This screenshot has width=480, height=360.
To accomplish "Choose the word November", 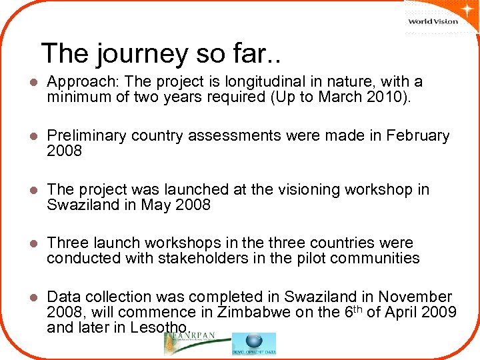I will tap(414, 296).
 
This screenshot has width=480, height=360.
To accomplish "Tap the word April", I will tap(413, 311).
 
